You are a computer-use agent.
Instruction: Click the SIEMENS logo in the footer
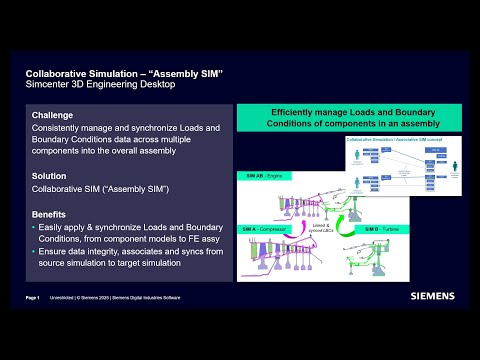point(432,296)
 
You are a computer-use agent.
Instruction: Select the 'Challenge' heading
point(52,116)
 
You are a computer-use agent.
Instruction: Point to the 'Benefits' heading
point(49,214)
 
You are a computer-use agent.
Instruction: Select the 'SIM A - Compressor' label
point(276,228)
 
